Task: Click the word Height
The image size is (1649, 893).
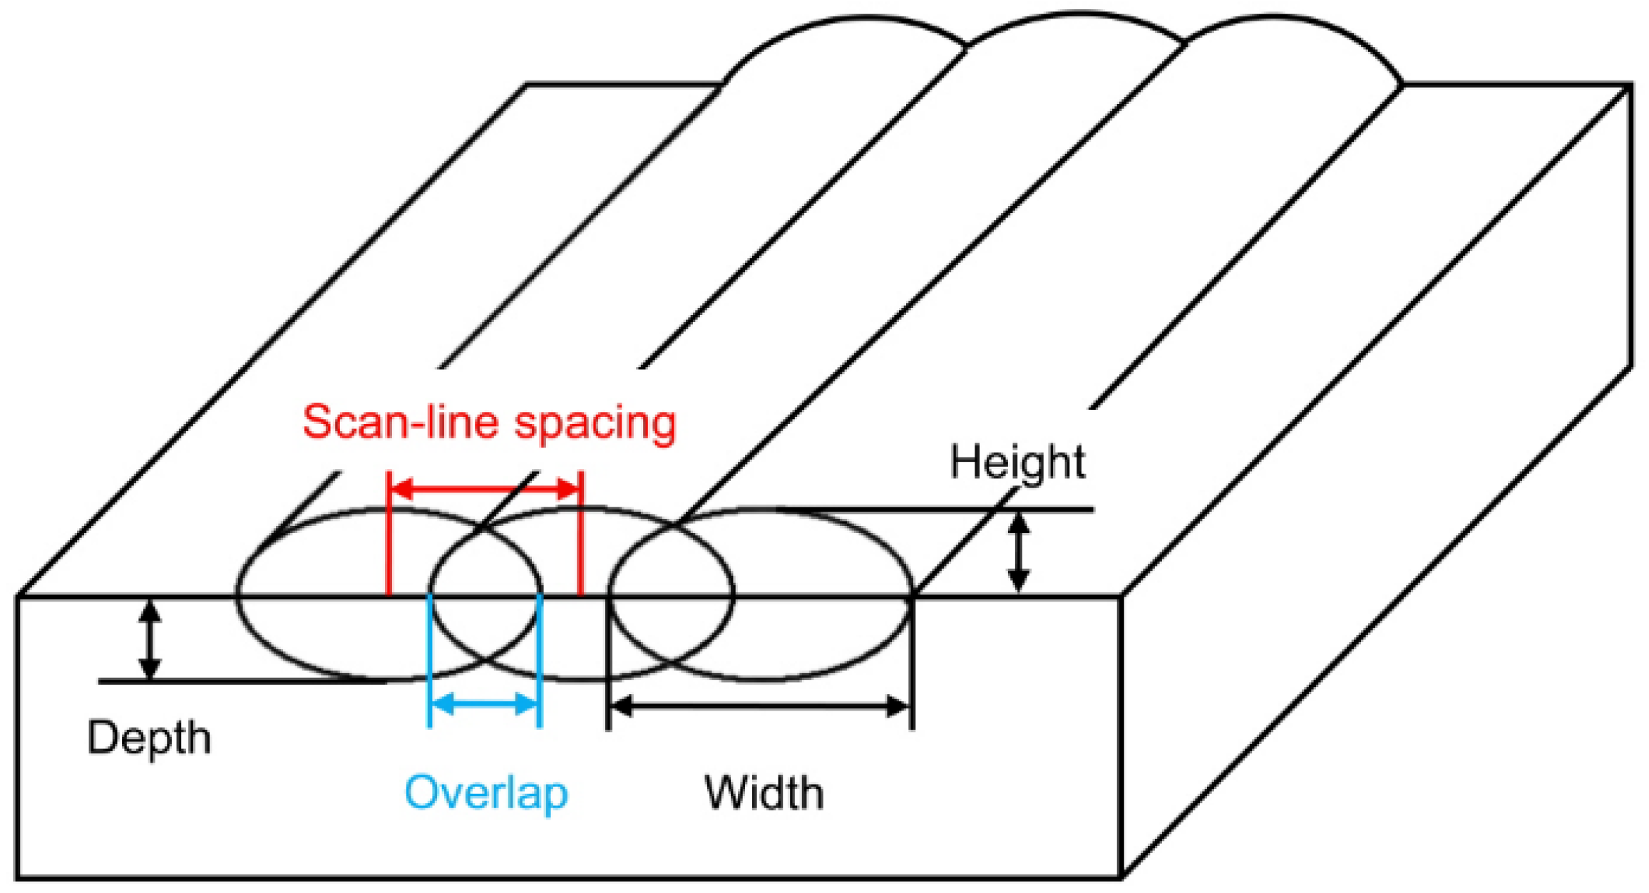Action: click(1017, 463)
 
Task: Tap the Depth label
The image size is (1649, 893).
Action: click(149, 738)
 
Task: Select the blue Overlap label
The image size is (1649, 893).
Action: click(486, 793)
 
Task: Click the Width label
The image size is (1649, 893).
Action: click(764, 793)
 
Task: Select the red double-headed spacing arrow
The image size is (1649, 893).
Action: click(485, 489)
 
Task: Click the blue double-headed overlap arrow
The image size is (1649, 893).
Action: click(485, 705)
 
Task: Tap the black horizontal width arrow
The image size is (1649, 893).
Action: click(760, 706)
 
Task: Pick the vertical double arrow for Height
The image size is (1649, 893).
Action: click(1019, 552)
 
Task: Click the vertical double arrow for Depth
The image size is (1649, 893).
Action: click(149, 639)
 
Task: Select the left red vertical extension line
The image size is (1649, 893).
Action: click(389, 535)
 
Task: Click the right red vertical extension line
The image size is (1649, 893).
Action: click(581, 535)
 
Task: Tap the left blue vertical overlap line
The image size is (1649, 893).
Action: click(429, 659)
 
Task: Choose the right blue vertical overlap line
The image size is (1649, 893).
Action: click(540, 659)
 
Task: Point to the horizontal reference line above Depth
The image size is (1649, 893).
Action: click(235, 682)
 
